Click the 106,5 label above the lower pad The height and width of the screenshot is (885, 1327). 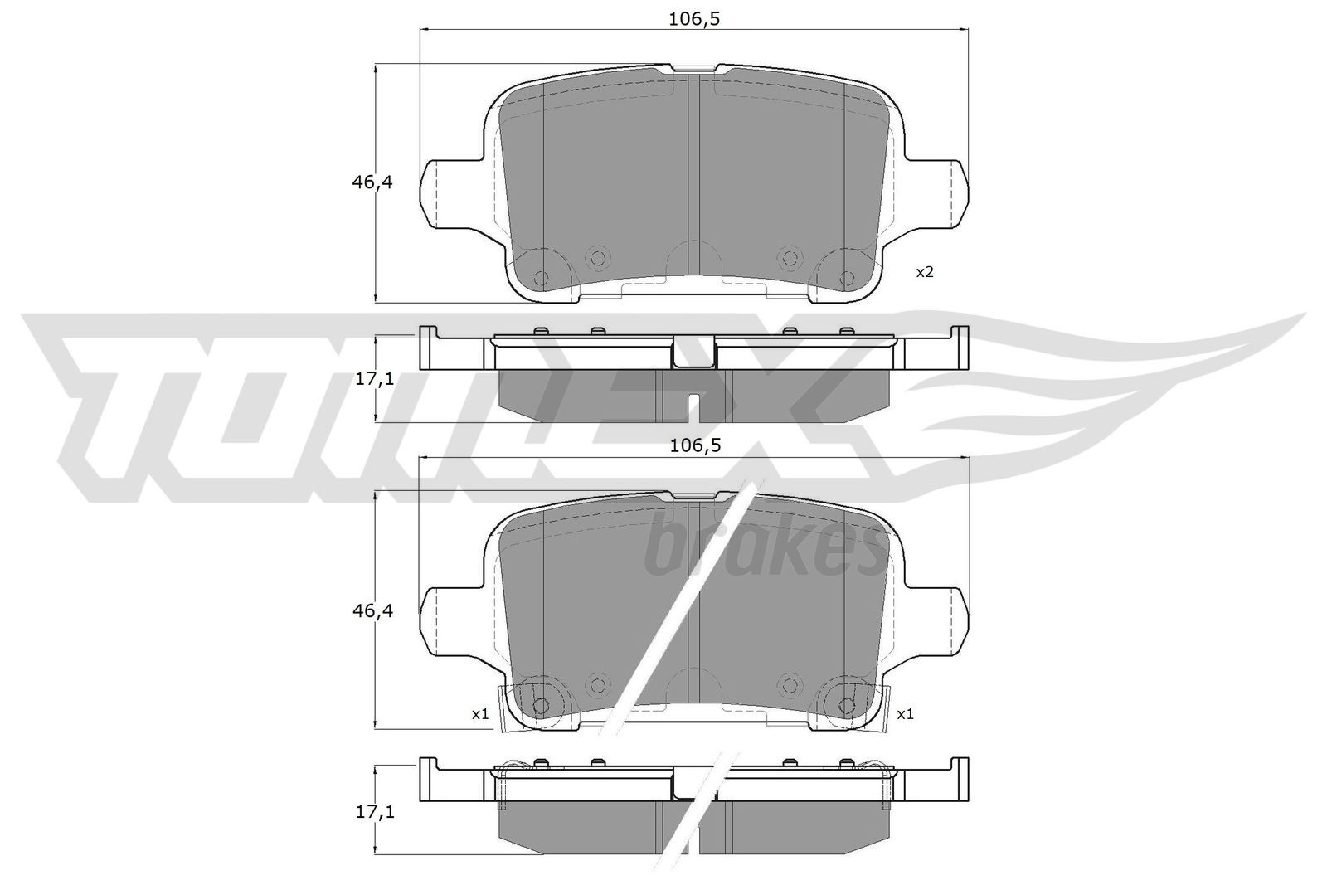695,445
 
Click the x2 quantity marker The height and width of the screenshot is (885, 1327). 925,272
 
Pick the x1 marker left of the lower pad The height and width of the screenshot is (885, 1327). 480,713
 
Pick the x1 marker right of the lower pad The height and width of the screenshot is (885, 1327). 906,713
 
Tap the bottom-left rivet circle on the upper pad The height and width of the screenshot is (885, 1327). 541,278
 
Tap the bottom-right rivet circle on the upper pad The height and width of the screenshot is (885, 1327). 846,278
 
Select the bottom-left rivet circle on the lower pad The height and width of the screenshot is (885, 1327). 541,706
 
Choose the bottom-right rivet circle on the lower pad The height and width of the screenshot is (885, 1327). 846,706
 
